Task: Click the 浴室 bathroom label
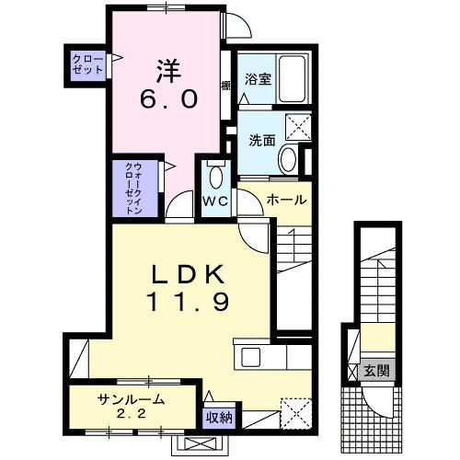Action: click(x=257, y=80)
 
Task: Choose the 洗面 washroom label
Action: click(x=261, y=141)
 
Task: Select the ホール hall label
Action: click(x=286, y=200)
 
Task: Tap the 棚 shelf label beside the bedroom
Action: click(x=225, y=86)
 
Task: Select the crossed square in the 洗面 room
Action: click(x=298, y=125)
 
